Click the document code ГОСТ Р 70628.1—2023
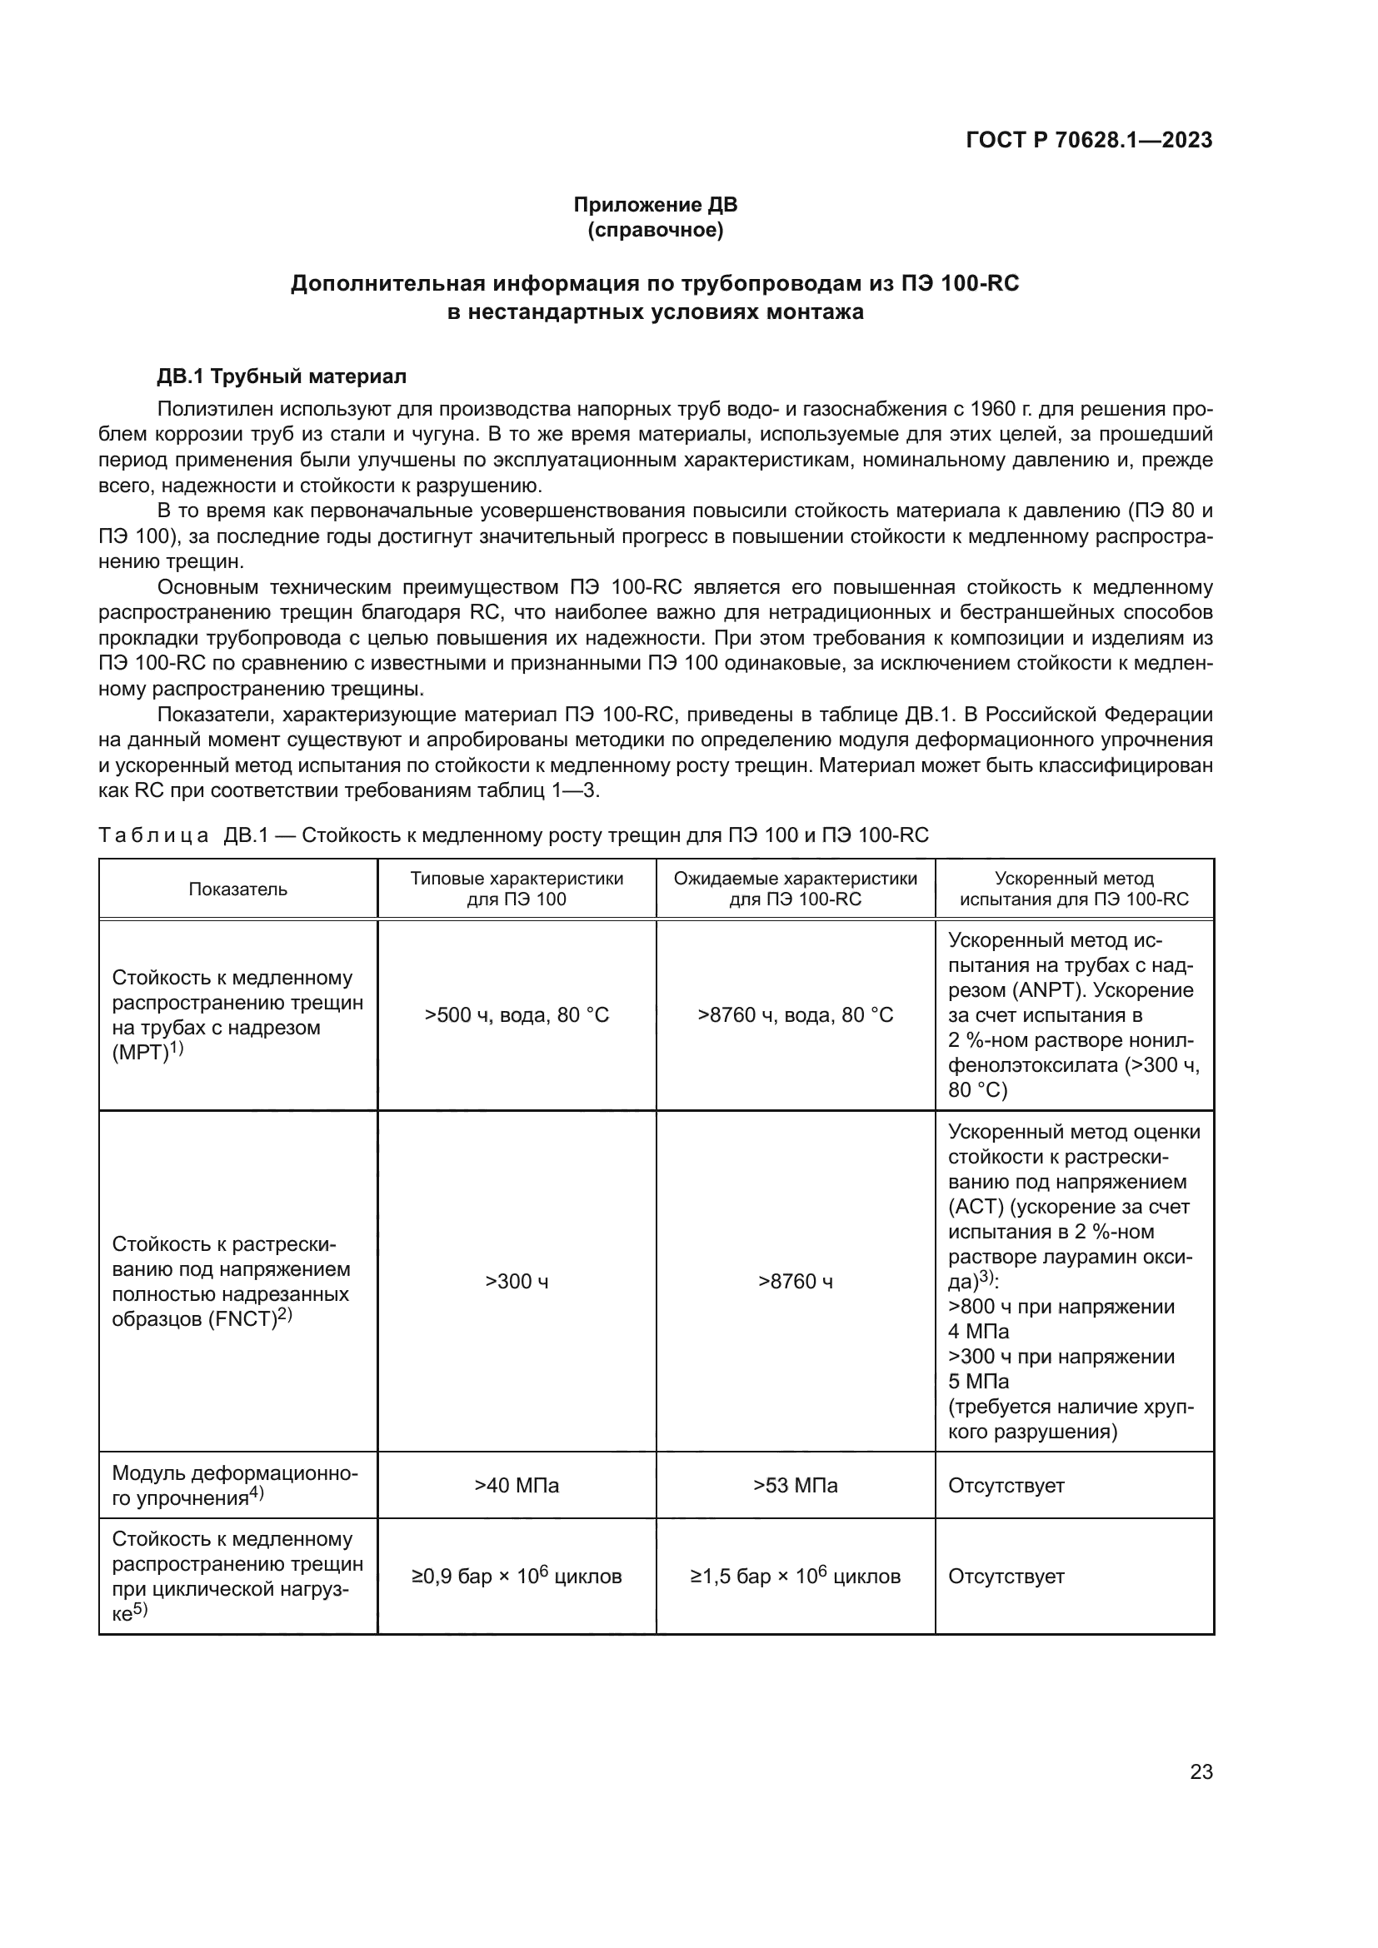(1089, 140)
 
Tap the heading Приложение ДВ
(655, 205)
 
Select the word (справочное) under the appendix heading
(655, 231)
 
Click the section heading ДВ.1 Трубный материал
(282, 376)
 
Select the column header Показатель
(237, 889)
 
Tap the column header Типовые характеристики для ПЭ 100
(516, 889)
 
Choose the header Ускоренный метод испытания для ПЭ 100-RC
(1073, 889)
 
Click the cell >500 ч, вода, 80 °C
(516, 1015)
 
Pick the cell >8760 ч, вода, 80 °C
(795, 1015)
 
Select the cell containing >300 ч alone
(516, 1281)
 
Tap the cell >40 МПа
(516, 1486)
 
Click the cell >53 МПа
(795, 1486)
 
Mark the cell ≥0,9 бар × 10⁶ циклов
(516, 1577)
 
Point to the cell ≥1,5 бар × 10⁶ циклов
(795, 1577)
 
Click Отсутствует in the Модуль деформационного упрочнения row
(1006, 1486)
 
